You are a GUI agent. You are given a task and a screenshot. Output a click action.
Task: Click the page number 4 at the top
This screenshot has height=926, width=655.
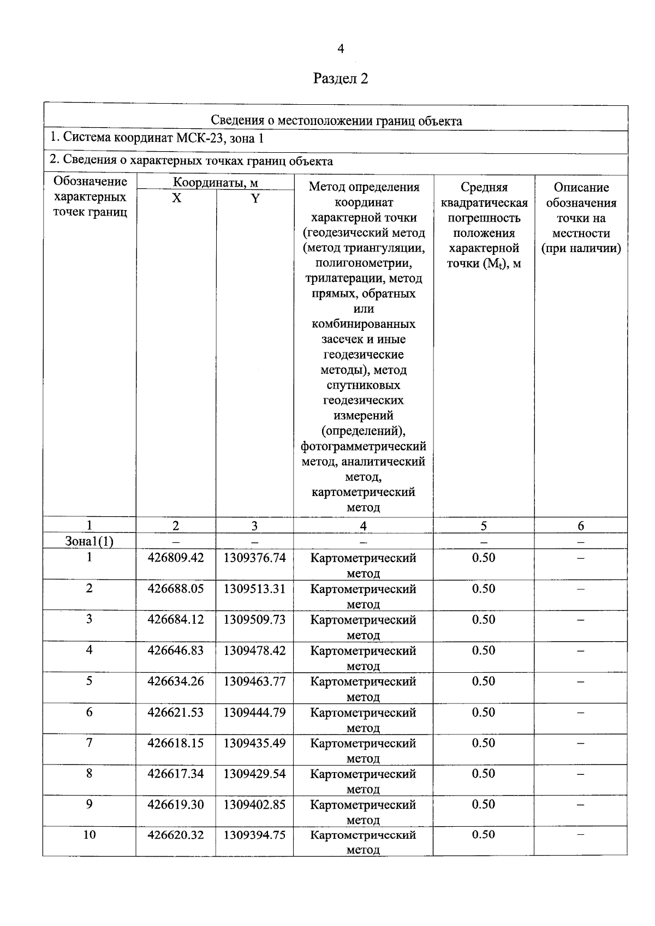[x=341, y=49]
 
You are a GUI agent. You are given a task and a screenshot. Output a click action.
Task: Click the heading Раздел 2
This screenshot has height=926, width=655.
[x=341, y=79]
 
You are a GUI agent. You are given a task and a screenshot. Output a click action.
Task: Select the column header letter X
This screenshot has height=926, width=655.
[x=176, y=199]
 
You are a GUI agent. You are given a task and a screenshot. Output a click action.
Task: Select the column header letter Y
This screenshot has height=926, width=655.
[x=255, y=199]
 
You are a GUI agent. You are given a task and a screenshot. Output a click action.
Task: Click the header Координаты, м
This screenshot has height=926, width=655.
[x=216, y=182]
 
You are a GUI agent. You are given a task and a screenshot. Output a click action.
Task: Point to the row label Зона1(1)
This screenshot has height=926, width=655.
[x=89, y=541]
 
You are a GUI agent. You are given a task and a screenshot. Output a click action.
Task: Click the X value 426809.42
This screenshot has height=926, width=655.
[x=176, y=558]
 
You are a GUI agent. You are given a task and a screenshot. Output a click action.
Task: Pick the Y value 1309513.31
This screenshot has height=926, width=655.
[x=254, y=589]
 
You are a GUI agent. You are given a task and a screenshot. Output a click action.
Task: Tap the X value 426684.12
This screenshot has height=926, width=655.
[x=176, y=619]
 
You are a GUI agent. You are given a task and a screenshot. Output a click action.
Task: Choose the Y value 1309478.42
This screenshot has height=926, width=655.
[x=254, y=650]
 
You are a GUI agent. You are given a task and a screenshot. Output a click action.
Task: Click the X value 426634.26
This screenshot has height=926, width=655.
[x=176, y=681]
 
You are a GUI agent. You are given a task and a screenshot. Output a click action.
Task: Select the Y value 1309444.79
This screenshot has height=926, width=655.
[x=254, y=712]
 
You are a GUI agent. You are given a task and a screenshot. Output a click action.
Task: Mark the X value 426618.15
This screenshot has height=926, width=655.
[x=176, y=743]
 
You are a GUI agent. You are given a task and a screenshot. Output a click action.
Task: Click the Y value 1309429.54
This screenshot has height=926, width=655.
[x=254, y=773]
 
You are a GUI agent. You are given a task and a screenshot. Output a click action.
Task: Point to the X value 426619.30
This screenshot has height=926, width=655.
[x=176, y=804]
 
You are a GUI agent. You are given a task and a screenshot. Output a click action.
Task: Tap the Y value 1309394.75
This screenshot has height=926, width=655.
[x=254, y=835]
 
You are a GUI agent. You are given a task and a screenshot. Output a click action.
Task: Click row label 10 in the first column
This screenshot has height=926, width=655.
[x=89, y=834]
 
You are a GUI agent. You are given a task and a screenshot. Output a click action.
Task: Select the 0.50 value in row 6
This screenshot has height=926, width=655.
[x=484, y=712]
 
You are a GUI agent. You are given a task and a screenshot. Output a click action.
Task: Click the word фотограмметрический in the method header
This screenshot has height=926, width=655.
[x=364, y=446]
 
